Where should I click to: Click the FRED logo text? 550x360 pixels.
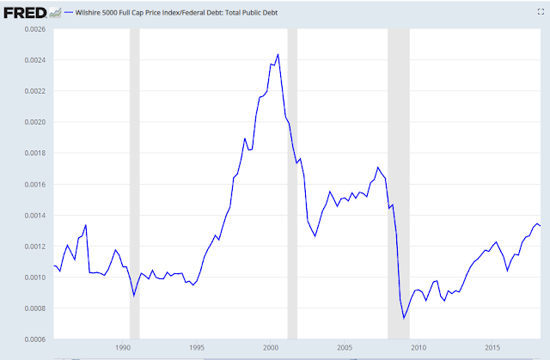coord(21,14)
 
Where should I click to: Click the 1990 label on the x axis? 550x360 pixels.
coord(122,348)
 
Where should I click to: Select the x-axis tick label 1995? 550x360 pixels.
coord(196,348)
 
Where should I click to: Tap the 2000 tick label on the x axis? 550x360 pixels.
coord(270,348)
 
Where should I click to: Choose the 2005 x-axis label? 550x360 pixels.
coord(344,348)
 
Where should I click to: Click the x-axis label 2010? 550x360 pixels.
coord(418,348)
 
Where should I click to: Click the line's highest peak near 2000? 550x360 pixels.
coord(278,54)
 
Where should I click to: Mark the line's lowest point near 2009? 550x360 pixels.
coord(404,318)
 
